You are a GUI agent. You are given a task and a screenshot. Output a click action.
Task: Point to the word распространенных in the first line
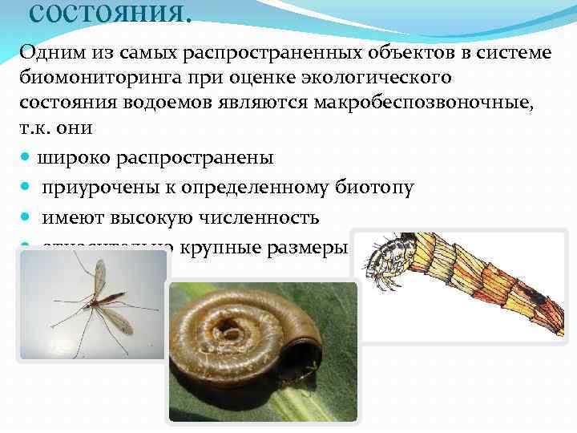point(255,54)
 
